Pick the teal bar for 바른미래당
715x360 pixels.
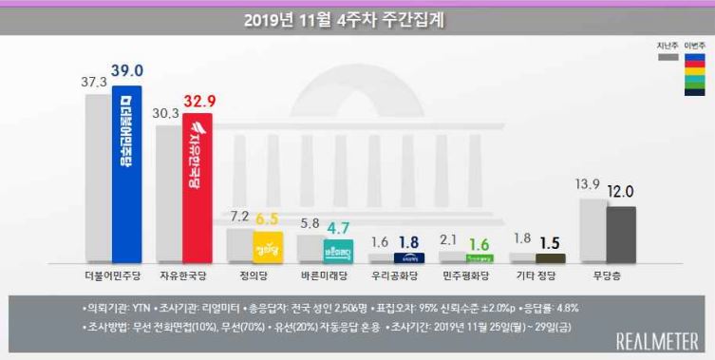point(337,250)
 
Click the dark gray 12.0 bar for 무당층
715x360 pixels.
point(620,234)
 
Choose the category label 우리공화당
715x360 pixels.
point(394,276)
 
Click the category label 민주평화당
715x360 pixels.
point(465,276)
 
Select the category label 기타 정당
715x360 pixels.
point(536,276)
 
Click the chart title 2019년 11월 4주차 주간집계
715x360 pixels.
point(357,18)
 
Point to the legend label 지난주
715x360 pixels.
point(667,45)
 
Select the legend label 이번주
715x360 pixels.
point(695,45)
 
